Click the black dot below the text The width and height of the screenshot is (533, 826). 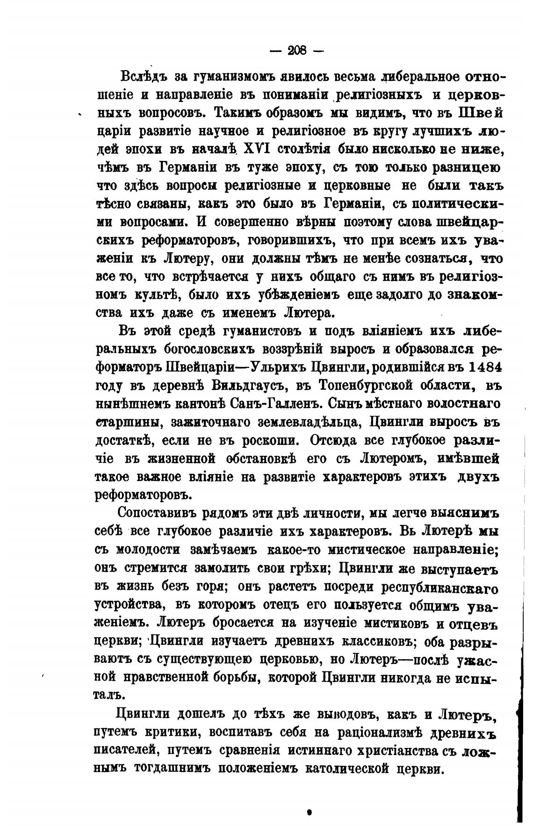[309, 812]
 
